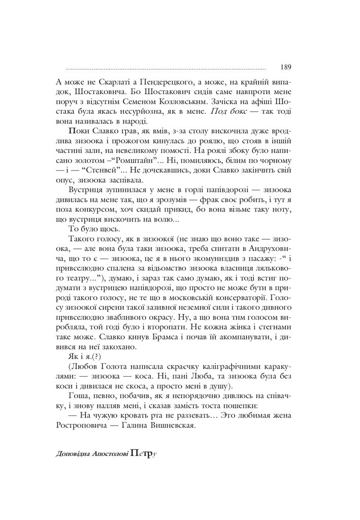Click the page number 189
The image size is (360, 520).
pos(284,67)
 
